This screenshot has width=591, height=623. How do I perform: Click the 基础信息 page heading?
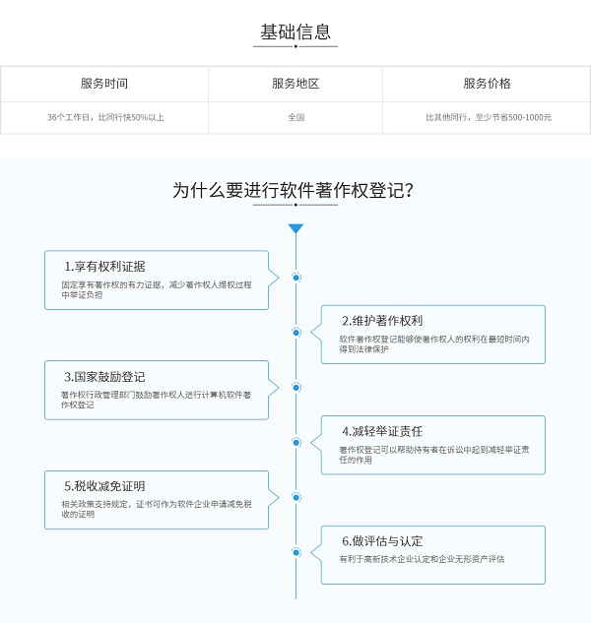(x=295, y=31)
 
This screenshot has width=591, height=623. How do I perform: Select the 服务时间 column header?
(x=104, y=84)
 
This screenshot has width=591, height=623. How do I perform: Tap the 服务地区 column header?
(x=295, y=84)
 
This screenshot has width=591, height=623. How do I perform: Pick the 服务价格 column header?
(x=487, y=84)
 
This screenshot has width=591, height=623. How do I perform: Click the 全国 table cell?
(x=296, y=117)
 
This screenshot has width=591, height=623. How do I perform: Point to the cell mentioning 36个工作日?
(x=105, y=117)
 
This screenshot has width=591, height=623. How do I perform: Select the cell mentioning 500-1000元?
(x=489, y=117)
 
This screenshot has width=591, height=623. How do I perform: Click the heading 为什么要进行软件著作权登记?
(x=294, y=190)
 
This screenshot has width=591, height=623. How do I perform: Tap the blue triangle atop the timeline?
(x=295, y=228)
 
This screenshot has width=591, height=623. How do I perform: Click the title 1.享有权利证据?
(x=104, y=266)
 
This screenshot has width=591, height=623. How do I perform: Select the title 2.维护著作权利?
(x=382, y=321)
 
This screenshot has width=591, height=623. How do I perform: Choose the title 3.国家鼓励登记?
(x=104, y=377)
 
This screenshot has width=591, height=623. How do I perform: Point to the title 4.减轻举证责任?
(x=382, y=431)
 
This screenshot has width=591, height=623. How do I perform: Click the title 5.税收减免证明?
(x=104, y=486)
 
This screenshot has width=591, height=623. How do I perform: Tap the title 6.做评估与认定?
(x=382, y=541)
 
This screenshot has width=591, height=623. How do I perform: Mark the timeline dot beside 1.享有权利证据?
(x=295, y=278)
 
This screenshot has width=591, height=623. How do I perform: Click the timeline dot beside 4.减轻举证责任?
(x=295, y=442)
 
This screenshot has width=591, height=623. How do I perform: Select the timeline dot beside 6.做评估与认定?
(x=295, y=552)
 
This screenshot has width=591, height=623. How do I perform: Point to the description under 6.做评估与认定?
(x=422, y=559)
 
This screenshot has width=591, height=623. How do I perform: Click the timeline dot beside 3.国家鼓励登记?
(x=295, y=388)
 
